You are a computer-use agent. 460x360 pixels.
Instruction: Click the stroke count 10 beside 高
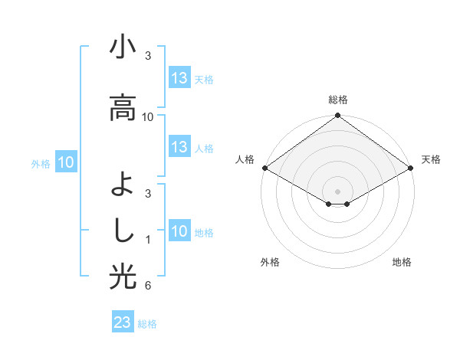148,116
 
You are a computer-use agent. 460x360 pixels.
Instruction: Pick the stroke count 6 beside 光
148,286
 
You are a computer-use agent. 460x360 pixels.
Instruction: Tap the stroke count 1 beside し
148,240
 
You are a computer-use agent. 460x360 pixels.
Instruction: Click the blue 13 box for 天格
179,78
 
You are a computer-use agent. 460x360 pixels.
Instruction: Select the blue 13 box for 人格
179,147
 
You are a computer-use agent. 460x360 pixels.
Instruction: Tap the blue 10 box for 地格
179,231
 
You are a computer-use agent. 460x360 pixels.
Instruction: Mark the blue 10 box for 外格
66,162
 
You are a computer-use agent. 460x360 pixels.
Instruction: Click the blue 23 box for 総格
123,322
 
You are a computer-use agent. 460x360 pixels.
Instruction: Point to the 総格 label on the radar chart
338,100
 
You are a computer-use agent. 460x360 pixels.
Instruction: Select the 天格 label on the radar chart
432,159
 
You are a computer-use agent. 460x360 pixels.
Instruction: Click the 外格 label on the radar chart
270,262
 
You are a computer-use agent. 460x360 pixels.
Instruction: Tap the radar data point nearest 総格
338,116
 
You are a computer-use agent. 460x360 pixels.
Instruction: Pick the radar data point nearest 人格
264,168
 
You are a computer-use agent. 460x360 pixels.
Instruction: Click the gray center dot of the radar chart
338,191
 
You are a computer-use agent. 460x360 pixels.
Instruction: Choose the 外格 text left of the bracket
41,163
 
